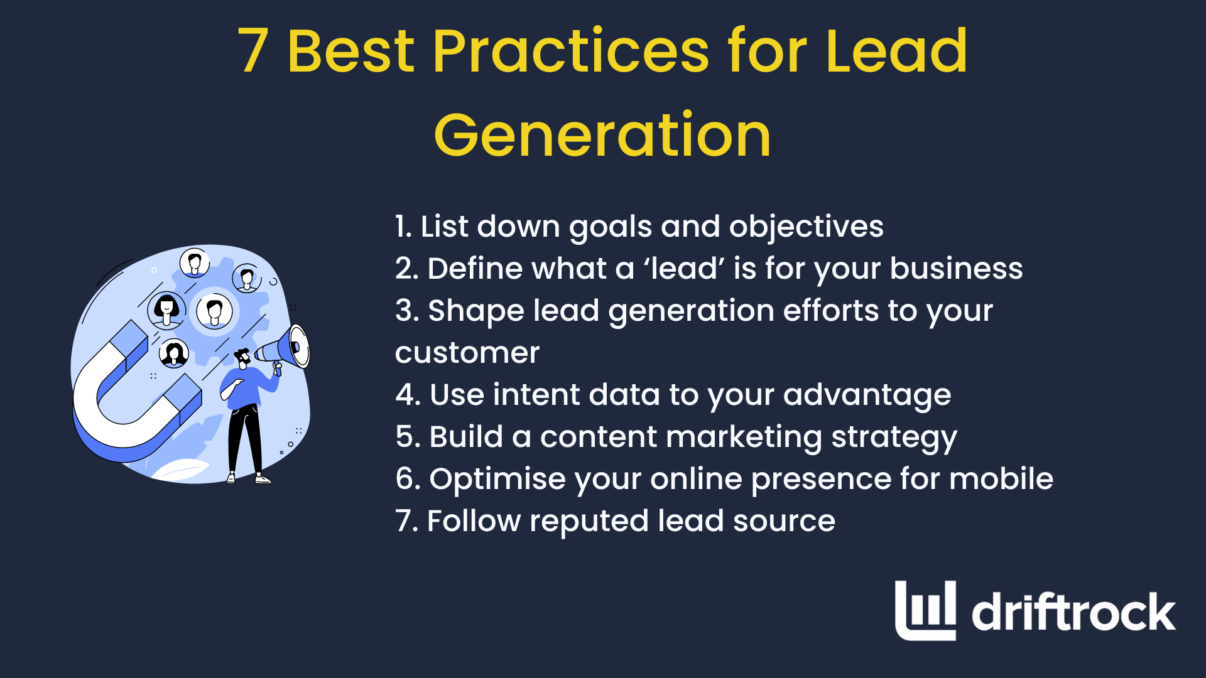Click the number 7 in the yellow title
[254, 51]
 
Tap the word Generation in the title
[602, 135]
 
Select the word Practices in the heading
[570, 51]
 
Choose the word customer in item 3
[467, 353]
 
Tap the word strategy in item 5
[894, 438]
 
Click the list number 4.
[407, 395]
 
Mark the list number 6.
[407, 479]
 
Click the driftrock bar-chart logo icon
[925, 610]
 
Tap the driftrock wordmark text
[1073, 612]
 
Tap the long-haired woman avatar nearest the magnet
[173, 353]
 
